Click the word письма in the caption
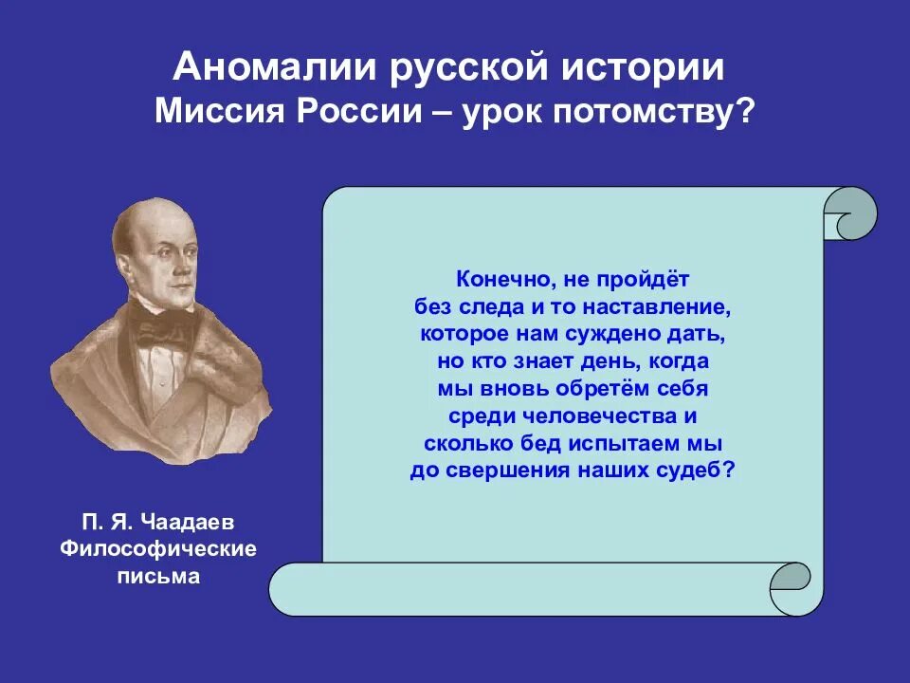coord(158,576)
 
